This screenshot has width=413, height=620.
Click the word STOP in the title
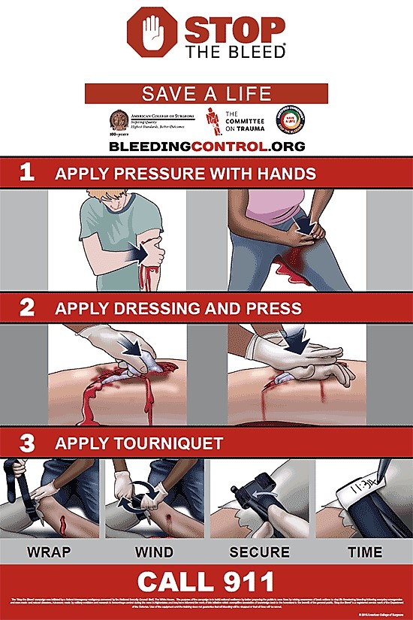click(234, 29)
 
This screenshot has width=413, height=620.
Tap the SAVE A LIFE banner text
click(206, 94)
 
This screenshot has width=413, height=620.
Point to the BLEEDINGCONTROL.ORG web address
click(206, 146)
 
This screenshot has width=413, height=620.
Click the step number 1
click(27, 173)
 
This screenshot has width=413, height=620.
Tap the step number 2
click(27, 307)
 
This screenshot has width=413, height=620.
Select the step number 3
click(27, 443)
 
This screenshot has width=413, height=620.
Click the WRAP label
click(50, 552)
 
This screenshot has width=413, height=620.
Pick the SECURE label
click(259, 552)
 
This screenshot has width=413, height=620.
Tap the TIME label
click(365, 552)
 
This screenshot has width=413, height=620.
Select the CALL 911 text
click(206, 582)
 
